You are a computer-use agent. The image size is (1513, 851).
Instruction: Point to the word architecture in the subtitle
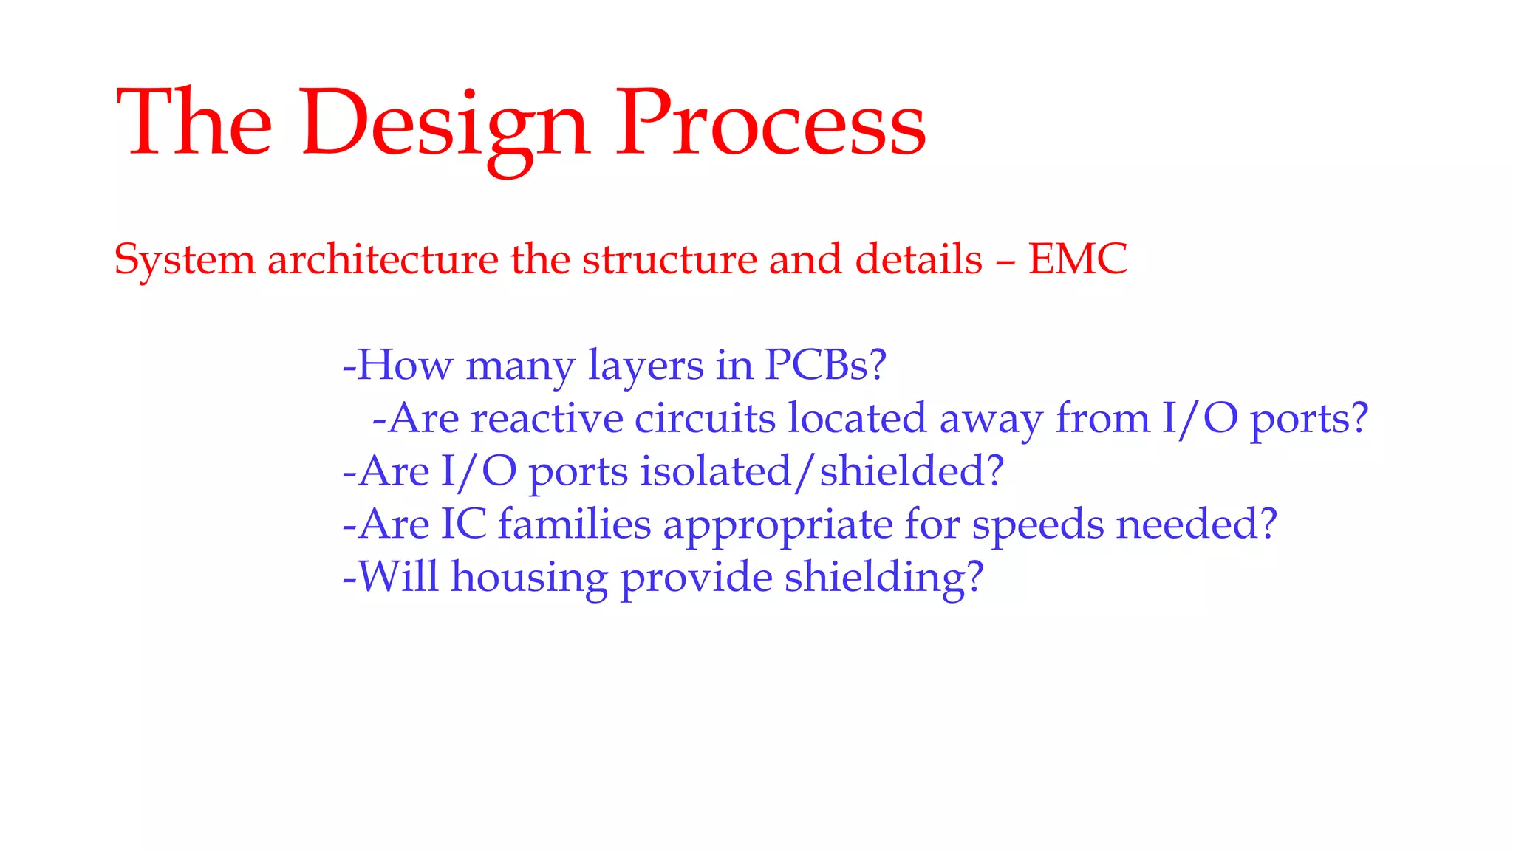coord(383,259)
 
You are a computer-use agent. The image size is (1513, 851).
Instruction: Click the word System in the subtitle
coord(185,261)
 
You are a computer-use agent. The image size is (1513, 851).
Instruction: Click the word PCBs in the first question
coord(816,365)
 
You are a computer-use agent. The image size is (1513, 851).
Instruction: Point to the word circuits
coord(705,419)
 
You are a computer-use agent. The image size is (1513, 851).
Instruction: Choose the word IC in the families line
coord(463,524)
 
